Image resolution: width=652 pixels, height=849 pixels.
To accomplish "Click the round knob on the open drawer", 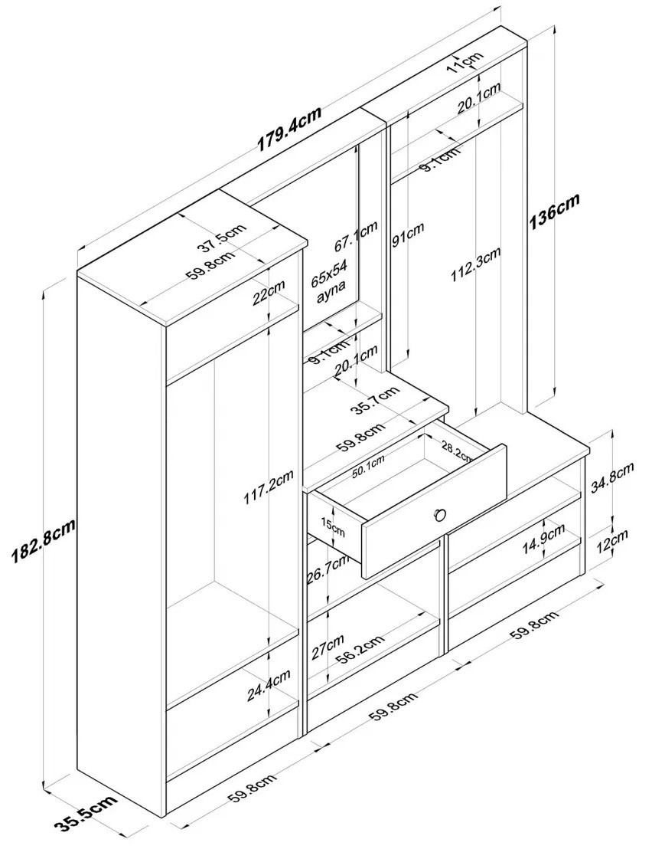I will [x=440, y=513].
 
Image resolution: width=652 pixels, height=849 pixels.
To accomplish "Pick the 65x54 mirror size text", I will [x=329, y=272].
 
